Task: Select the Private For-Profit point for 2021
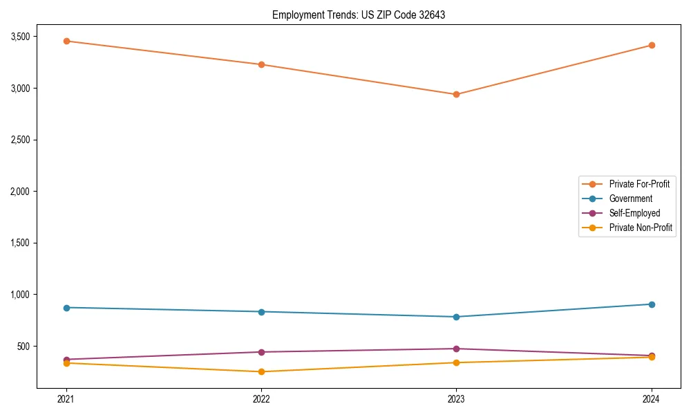(x=66, y=41)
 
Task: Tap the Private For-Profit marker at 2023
(x=456, y=94)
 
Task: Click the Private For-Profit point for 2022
(x=261, y=64)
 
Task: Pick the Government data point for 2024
(x=652, y=304)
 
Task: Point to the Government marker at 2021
(x=66, y=308)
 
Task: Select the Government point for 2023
(x=456, y=317)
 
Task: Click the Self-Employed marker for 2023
(x=456, y=349)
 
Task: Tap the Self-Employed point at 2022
(x=261, y=352)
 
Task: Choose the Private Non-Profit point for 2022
(x=261, y=371)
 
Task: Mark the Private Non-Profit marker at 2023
(x=456, y=362)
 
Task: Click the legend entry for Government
(x=630, y=199)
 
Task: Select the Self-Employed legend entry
(x=634, y=213)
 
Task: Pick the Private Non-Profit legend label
(x=641, y=228)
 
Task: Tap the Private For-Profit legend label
(x=639, y=184)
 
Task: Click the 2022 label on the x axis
(x=261, y=399)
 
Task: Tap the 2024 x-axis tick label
(x=652, y=399)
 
